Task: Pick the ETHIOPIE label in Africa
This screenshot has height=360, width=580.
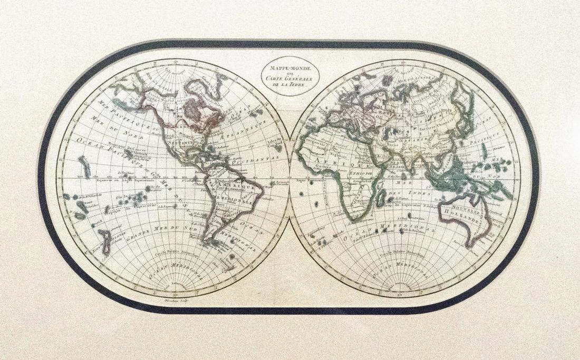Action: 360,172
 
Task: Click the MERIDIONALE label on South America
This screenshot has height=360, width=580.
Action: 232,200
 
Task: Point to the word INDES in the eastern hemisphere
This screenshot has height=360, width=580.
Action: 420,193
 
